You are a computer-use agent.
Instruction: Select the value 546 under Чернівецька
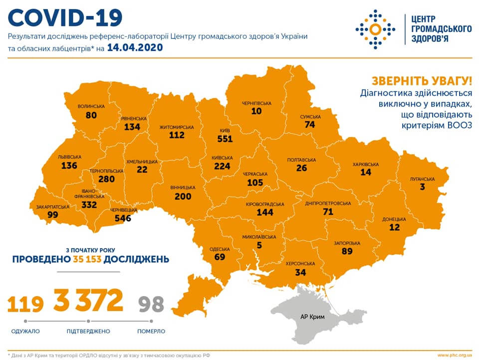point(122,218)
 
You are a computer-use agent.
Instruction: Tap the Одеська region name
point(220,249)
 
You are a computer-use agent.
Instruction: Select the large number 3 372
point(88,300)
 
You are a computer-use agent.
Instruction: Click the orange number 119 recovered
point(25,304)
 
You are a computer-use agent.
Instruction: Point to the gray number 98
point(151,304)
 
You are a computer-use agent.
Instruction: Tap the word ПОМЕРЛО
point(151,331)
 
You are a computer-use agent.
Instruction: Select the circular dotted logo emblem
point(375,29)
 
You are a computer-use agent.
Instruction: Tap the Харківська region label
point(366,164)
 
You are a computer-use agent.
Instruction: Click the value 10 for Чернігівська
point(256,111)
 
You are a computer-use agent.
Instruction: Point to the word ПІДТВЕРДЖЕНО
point(88,331)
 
